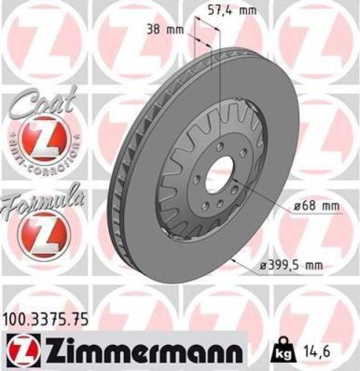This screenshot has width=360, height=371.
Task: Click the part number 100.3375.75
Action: pyautogui.click(x=46, y=319)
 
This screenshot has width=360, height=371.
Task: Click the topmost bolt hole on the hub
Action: pyautogui.click(x=219, y=147)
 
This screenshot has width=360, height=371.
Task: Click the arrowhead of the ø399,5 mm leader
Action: pyautogui.click(x=233, y=259)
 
